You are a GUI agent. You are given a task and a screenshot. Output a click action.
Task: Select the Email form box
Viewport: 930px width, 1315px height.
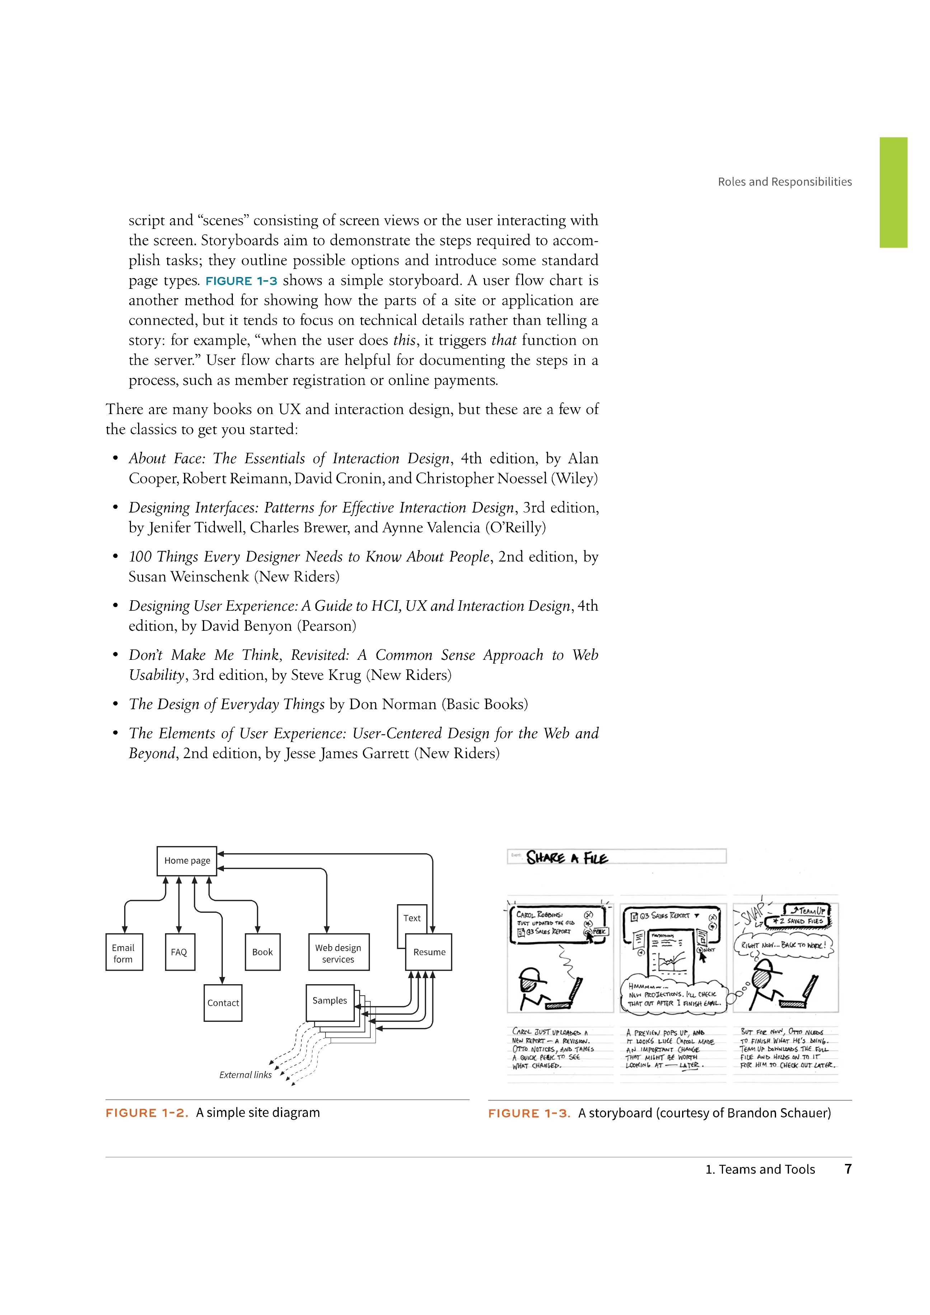(124, 953)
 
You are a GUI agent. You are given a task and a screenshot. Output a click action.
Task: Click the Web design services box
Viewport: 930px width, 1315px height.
(338, 953)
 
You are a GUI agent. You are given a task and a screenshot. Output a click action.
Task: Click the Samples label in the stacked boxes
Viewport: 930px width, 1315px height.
(330, 1001)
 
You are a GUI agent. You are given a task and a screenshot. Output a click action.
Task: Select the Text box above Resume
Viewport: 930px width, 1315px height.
(412, 918)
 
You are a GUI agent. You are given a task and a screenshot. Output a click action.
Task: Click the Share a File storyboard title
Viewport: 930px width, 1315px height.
(567, 858)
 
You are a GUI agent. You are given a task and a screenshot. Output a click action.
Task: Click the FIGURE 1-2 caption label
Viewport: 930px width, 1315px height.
(147, 1113)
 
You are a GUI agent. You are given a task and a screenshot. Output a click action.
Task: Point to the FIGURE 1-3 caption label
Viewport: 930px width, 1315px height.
(529, 1113)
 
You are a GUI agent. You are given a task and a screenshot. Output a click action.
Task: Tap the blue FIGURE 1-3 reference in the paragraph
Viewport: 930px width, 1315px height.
(241, 281)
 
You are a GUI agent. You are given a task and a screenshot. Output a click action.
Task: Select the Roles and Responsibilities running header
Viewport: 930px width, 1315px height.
(785, 182)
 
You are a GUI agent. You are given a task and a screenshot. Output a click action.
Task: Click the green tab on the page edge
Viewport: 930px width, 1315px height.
(893, 192)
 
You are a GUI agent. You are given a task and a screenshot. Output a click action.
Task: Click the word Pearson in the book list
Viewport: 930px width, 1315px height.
(326, 626)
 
